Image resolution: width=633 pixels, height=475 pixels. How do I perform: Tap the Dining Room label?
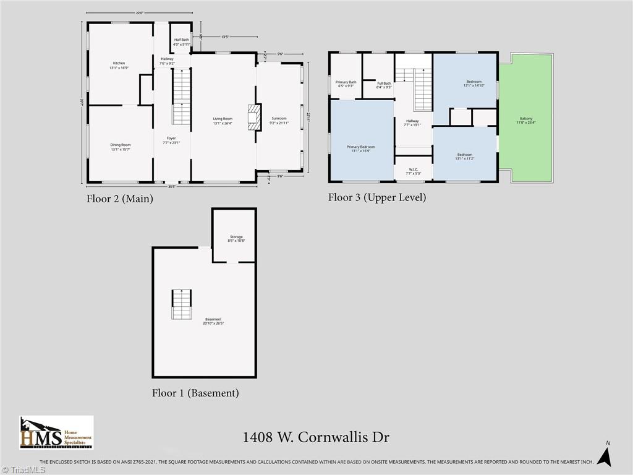pos(121,147)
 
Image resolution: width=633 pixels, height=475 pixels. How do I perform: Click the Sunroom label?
pos(279,120)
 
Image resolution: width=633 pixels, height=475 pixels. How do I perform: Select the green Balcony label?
pos(526,120)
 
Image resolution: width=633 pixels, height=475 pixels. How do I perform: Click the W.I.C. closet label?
pos(414,171)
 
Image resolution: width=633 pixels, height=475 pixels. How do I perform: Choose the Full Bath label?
pos(384,85)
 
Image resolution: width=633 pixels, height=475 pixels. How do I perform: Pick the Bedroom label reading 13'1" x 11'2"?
pos(465,156)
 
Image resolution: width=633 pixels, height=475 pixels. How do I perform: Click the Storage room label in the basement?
pos(236,239)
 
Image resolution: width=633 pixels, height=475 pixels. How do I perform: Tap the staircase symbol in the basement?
pos(182,304)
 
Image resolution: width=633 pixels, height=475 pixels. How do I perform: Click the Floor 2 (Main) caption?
pos(119,199)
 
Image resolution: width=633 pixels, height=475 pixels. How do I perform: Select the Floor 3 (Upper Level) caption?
pos(376,197)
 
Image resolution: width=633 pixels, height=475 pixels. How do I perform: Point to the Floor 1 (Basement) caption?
pos(195,393)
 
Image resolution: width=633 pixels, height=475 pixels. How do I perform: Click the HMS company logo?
pos(56,432)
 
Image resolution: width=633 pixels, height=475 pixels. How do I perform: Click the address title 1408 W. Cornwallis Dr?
pos(316,437)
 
